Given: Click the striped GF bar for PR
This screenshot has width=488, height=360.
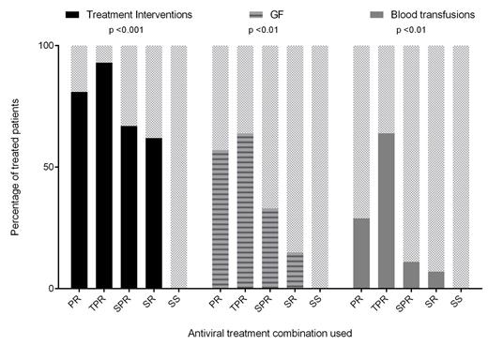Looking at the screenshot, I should pyautogui.click(x=220, y=219).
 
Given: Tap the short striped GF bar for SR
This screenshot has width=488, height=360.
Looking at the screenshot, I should pyautogui.click(x=296, y=271).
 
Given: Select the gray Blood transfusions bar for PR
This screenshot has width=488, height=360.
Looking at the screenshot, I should pyautogui.click(x=360, y=253).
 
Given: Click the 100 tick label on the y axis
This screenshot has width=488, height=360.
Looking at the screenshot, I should pyautogui.click(x=48, y=45).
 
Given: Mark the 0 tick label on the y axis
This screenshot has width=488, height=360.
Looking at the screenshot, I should pyautogui.click(x=53, y=289).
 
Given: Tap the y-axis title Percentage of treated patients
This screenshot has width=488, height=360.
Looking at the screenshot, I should pyautogui.click(x=17, y=167).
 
